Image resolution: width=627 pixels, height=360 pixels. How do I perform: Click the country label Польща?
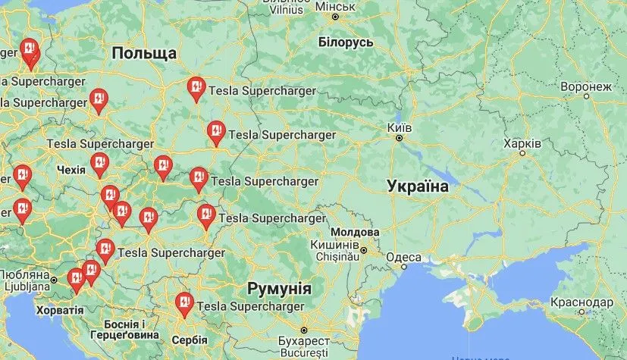click(x=143, y=53)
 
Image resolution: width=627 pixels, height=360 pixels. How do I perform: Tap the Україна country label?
click(x=418, y=186)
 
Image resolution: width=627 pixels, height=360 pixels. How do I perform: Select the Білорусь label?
click(x=346, y=42)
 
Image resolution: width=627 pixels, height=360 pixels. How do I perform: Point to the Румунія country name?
click(x=280, y=289)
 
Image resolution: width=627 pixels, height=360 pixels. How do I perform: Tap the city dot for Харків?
click(x=522, y=153)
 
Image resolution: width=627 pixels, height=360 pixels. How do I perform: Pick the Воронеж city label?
click(x=585, y=86)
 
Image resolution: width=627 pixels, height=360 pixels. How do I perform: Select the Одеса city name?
click(x=403, y=258)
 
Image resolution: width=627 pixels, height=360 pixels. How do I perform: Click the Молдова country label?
click(x=355, y=232)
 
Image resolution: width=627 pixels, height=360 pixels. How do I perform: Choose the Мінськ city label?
click(x=334, y=6)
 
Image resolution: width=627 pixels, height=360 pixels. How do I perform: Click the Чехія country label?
click(x=71, y=169)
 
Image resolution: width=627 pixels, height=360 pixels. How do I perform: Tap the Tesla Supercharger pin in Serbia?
click(x=183, y=303)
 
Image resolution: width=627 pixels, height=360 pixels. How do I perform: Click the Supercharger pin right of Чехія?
click(x=99, y=162)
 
